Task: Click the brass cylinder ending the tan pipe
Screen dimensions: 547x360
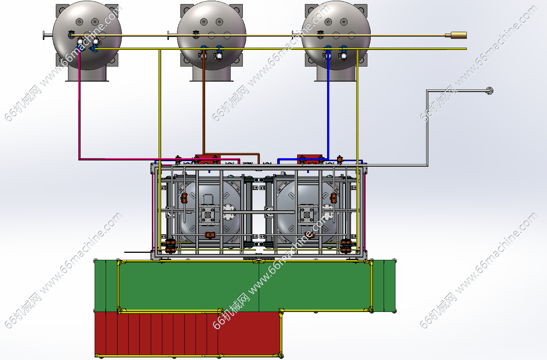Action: [458, 35]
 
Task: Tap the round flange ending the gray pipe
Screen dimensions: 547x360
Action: [489, 91]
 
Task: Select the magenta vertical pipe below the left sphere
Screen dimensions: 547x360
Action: [79, 105]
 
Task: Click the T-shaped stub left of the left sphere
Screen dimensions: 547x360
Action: [48, 35]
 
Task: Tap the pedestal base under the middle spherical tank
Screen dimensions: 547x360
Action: [211, 74]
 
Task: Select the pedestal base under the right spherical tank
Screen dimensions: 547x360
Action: [336, 74]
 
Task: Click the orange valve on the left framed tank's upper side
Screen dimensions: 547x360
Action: [184, 198]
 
